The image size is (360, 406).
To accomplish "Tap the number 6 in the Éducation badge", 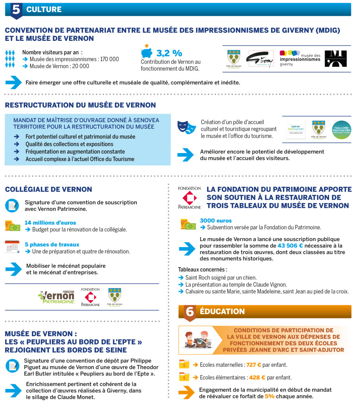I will [190, 312].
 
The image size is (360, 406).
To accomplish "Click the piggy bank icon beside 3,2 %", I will [146, 52].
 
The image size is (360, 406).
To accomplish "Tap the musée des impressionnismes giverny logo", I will [300, 58].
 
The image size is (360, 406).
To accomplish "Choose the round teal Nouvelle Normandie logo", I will [341, 130].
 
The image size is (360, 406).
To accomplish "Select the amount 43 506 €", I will [290, 246].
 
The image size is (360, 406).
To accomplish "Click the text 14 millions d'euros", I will [50, 223].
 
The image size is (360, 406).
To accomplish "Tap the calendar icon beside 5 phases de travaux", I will [12, 247].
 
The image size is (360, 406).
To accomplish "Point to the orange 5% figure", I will [270, 396].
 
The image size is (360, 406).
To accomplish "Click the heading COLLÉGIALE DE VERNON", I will [48, 190].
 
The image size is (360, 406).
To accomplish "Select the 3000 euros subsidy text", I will [216, 220].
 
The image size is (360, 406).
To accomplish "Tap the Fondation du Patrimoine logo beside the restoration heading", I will [189, 197].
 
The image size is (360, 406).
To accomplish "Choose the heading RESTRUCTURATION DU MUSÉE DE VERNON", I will [80, 105].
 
